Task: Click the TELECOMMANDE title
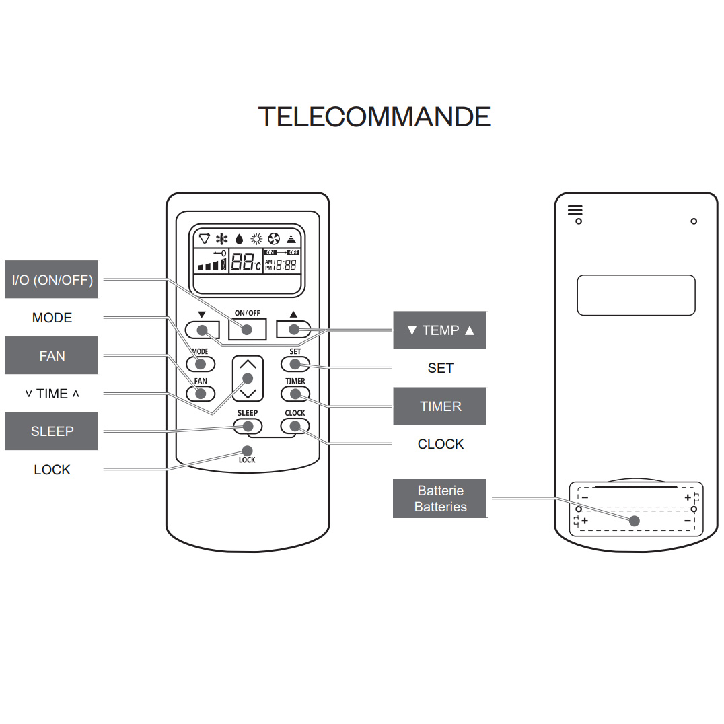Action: coord(374,117)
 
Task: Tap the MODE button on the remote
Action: coord(201,364)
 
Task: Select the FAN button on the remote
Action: coord(201,394)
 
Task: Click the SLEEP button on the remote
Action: coord(248,425)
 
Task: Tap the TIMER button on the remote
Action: coord(295,394)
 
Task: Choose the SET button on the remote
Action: coord(295,364)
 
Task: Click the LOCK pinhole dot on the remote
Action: coord(247,450)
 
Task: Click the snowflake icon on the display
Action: coord(222,239)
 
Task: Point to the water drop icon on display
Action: coord(239,239)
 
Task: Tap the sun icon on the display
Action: coord(256,239)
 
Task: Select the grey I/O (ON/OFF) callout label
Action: coord(52,279)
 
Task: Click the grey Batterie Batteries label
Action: coord(440,499)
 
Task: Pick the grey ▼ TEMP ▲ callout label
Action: coord(440,330)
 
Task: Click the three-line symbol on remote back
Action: coord(575,210)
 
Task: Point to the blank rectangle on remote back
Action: coord(635,295)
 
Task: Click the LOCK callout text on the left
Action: coord(52,470)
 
